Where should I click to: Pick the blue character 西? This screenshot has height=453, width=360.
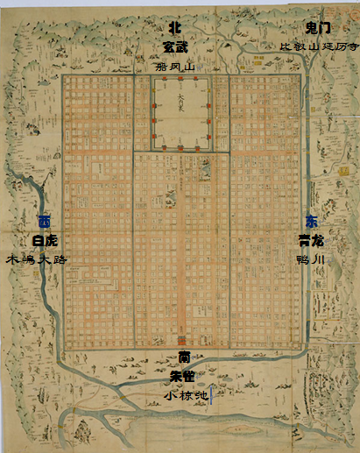pyautogui.click(x=43, y=221)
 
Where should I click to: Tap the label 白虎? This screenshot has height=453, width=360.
pyautogui.click(x=43, y=240)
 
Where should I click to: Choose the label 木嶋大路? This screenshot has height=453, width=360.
pyautogui.click(x=36, y=259)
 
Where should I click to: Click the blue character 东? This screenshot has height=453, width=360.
pyautogui.click(x=313, y=221)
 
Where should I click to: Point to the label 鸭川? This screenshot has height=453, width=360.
pyautogui.click(x=313, y=259)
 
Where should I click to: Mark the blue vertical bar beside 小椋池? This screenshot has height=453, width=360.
pyautogui.click(x=211, y=395)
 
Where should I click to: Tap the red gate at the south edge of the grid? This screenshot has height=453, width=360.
pyautogui.click(x=182, y=341)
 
